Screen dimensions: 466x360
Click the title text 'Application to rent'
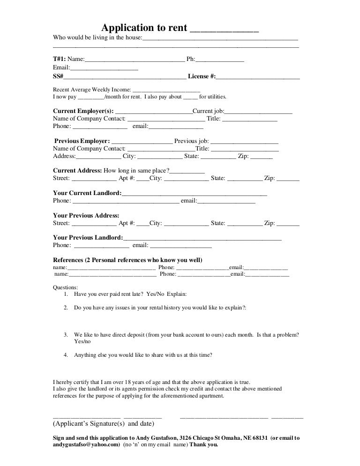(x=145, y=28)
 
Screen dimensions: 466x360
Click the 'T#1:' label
(x=60, y=59)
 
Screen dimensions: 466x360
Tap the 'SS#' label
(x=59, y=76)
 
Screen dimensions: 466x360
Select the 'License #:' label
(x=202, y=76)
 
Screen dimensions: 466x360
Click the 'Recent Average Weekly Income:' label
(x=92, y=90)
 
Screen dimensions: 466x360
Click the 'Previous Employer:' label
(x=82, y=141)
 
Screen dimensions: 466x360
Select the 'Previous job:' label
(x=191, y=141)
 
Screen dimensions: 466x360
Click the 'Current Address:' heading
(x=77, y=170)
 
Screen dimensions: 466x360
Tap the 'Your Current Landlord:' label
(x=87, y=193)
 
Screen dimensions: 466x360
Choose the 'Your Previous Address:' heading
(x=86, y=215)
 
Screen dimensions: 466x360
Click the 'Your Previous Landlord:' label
(x=88, y=237)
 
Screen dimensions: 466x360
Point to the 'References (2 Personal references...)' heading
(x=127, y=260)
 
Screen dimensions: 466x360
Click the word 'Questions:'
(x=66, y=287)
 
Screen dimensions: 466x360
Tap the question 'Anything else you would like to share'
(x=143, y=355)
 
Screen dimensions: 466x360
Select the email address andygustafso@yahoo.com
(x=87, y=445)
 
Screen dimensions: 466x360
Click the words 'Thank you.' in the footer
(x=203, y=445)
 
